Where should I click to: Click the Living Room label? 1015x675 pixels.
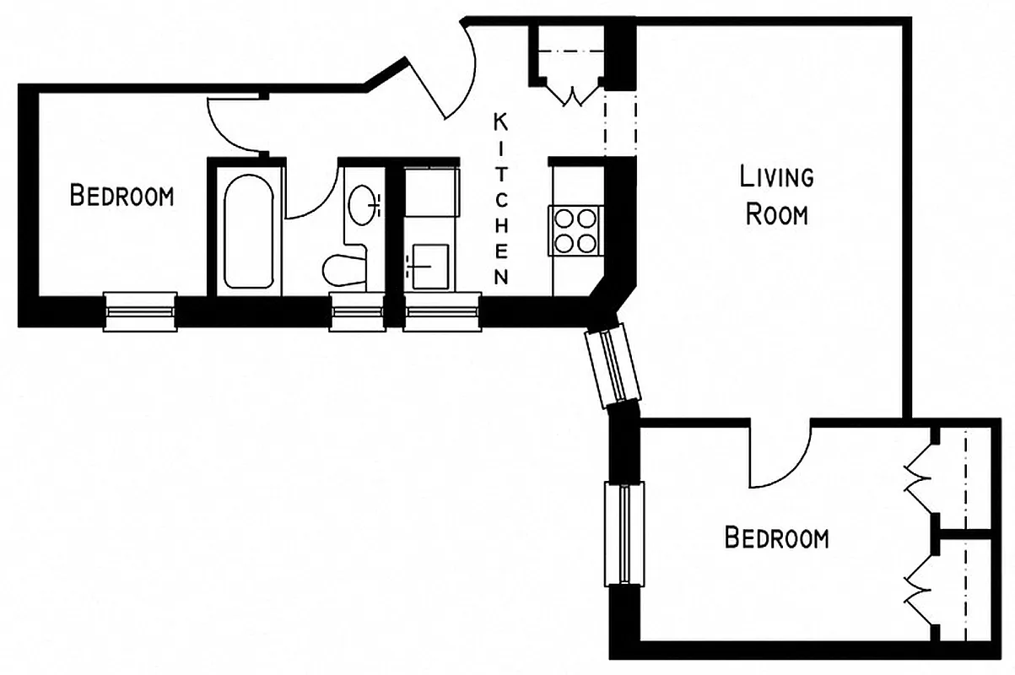point(775,196)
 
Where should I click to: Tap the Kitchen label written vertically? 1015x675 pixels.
point(501,199)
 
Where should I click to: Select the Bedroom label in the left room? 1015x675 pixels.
point(121,197)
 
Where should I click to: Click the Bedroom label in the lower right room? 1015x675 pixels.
point(776,537)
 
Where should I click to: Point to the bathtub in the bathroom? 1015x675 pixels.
point(247,230)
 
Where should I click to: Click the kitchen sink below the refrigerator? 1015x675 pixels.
point(429,267)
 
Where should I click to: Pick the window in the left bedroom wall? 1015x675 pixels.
point(140,312)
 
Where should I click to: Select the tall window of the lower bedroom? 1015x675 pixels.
point(624,533)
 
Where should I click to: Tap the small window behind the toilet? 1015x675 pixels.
point(356,313)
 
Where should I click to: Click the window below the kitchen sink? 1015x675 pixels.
point(441,313)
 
